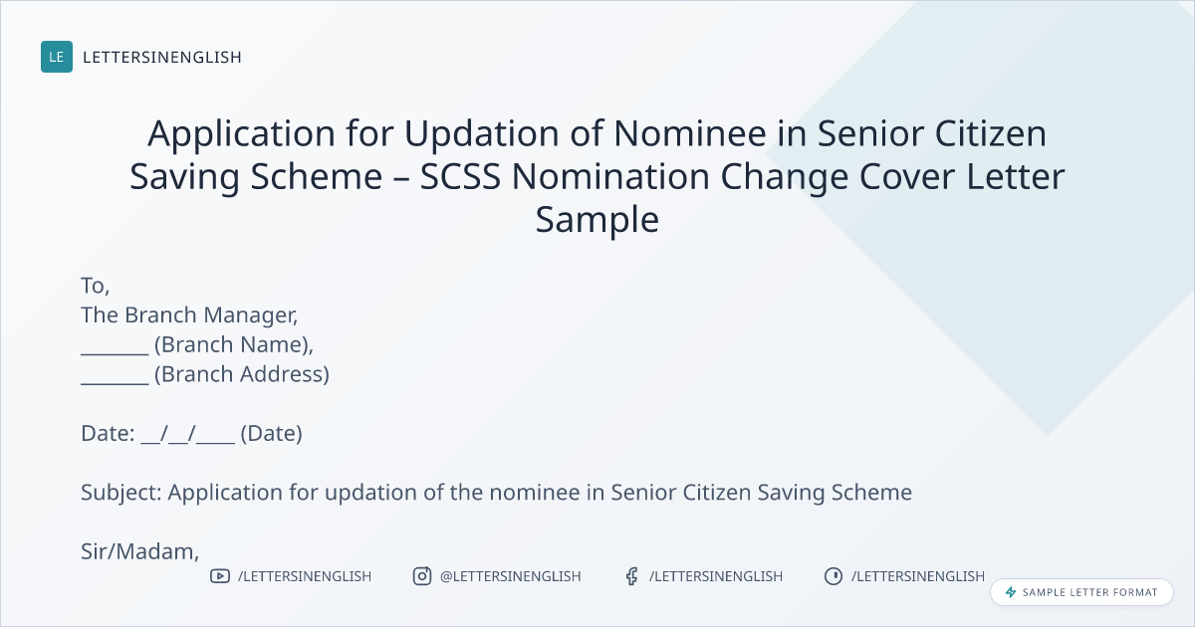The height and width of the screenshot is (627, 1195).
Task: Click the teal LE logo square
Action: [57, 57]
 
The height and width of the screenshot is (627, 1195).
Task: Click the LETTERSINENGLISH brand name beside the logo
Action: [162, 57]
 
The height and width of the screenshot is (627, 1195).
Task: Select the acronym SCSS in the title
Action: [460, 176]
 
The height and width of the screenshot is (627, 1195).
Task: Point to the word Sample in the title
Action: [597, 219]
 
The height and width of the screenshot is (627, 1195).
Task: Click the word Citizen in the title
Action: [990, 132]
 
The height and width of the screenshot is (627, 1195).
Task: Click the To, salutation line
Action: [95, 286]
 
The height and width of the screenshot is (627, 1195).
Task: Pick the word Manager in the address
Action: [250, 315]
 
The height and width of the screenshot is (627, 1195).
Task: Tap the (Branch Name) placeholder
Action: [234, 345]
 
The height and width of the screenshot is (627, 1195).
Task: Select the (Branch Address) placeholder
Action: [242, 374]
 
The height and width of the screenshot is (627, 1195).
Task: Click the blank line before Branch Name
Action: [115, 353]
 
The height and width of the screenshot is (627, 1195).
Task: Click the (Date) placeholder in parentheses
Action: [271, 434]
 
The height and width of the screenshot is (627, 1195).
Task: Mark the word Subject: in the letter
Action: [121, 492]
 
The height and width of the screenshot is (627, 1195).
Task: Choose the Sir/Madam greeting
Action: [139, 551]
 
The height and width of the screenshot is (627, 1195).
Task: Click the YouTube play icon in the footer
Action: [220, 576]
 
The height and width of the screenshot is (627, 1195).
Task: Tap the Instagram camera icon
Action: [422, 576]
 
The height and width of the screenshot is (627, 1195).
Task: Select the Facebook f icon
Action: [632, 576]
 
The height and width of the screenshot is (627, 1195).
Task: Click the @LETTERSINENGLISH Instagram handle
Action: [510, 576]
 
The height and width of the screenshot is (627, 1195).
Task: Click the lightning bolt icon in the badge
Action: [1011, 592]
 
